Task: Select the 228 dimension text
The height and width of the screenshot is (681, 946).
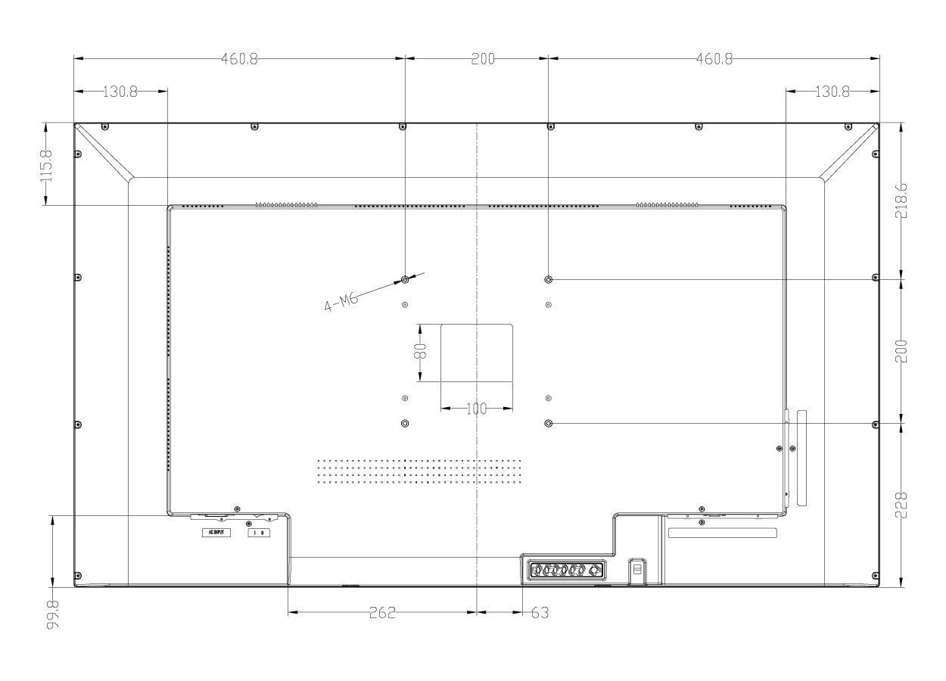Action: (x=901, y=504)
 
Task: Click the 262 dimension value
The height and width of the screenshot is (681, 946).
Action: (x=382, y=613)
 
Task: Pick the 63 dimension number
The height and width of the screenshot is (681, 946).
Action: (x=540, y=613)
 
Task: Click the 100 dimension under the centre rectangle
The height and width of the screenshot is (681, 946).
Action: (x=476, y=409)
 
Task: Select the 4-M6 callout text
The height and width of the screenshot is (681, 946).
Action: (x=341, y=301)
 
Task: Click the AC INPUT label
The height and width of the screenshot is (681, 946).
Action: (x=216, y=532)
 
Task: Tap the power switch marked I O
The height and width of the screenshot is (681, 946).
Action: (x=258, y=533)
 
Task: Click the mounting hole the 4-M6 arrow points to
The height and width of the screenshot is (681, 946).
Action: (x=405, y=279)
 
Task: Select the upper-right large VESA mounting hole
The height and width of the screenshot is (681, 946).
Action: (x=549, y=279)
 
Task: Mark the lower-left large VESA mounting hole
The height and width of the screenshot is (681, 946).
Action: (x=405, y=423)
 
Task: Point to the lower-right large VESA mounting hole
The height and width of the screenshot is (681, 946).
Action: (x=549, y=423)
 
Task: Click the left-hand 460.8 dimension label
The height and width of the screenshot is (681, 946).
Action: (x=239, y=60)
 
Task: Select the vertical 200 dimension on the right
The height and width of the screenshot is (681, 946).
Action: (x=901, y=350)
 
